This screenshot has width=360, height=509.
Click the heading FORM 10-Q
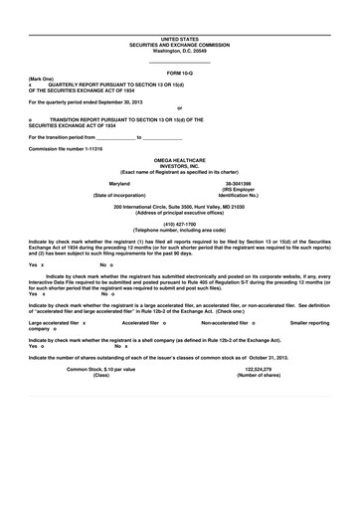(x=179, y=74)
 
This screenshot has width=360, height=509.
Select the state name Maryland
(x=119, y=185)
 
